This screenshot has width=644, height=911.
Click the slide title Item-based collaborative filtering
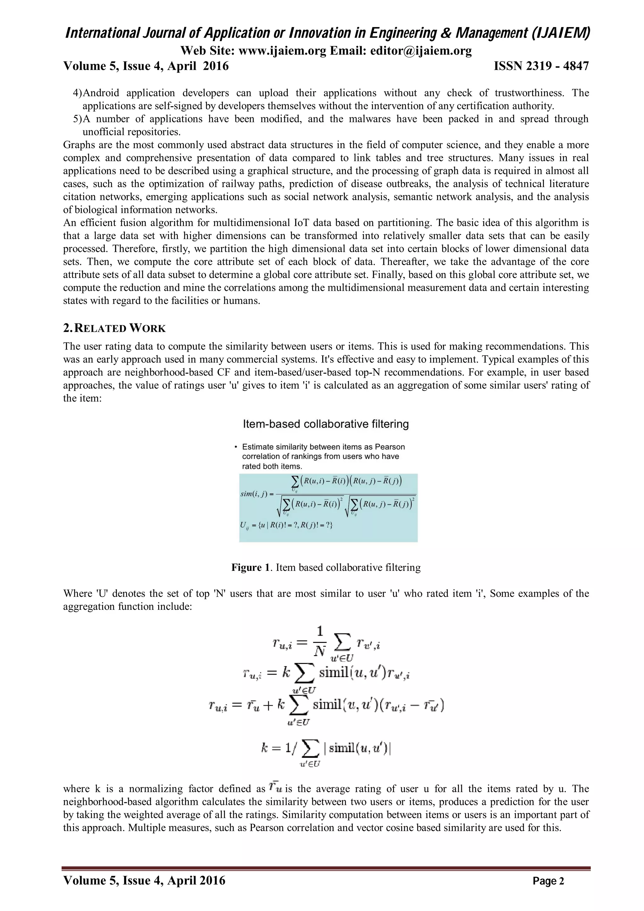(325, 424)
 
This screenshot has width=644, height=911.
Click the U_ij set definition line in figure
(286, 525)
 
